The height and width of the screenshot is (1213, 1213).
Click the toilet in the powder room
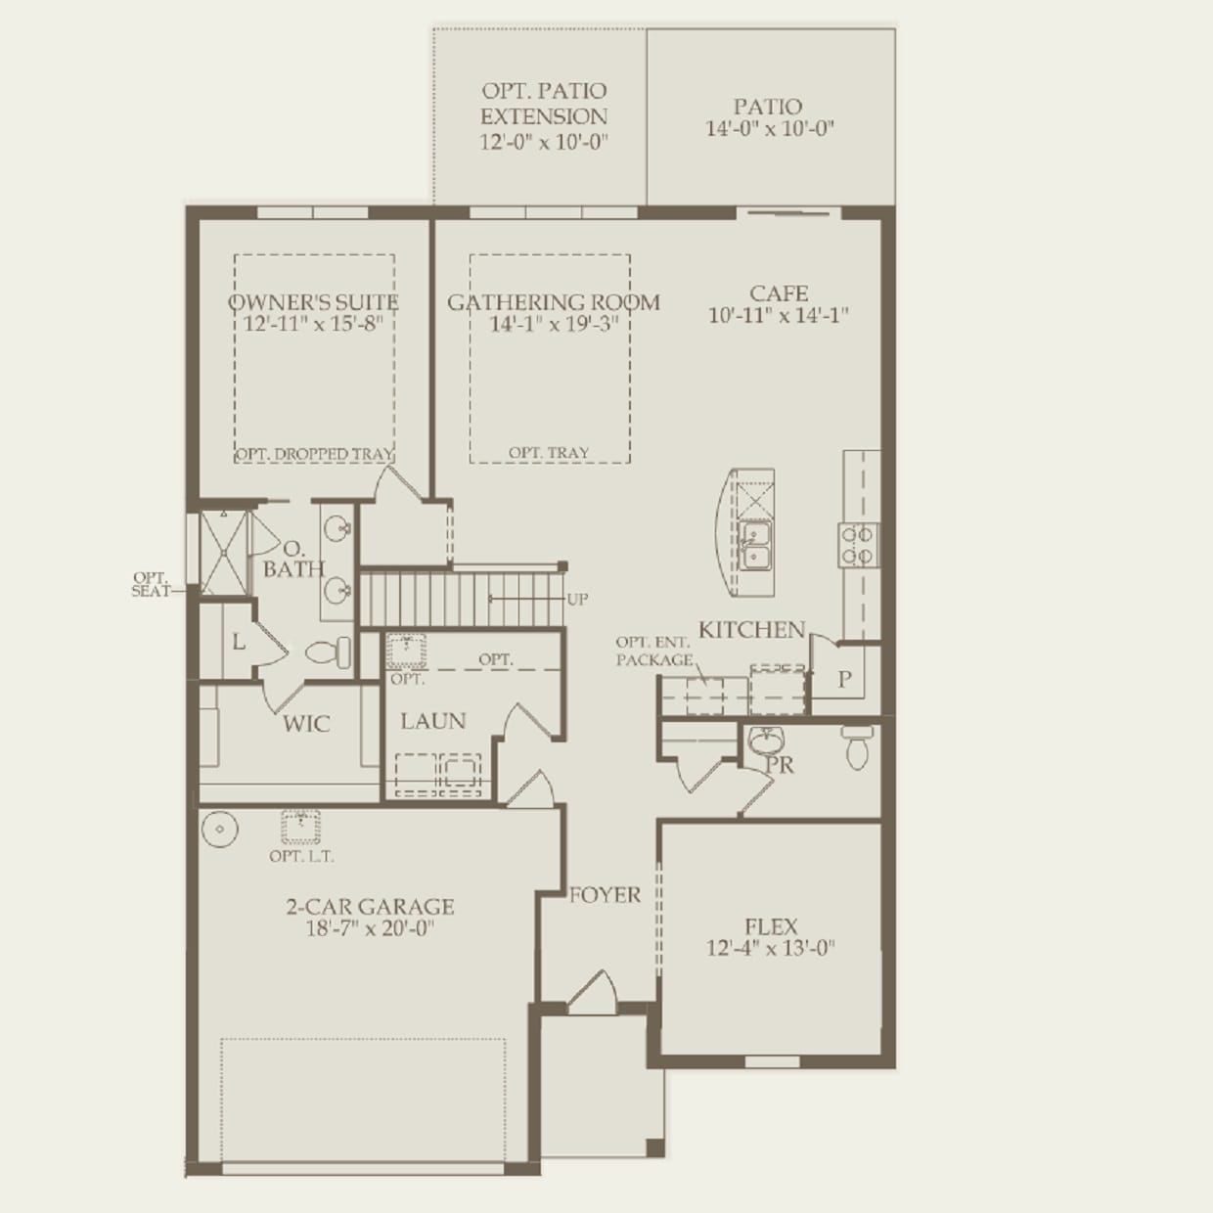click(x=857, y=746)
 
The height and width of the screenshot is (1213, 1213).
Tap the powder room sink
click(x=766, y=741)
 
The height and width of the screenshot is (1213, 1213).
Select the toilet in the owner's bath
click(x=329, y=652)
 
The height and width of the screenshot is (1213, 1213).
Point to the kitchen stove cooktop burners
click(x=858, y=545)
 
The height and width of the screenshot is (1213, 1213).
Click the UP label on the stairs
click(x=577, y=600)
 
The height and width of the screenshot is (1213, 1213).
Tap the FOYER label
click(x=605, y=894)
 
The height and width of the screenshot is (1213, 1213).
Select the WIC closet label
click(x=306, y=724)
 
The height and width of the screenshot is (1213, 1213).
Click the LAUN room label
click(x=433, y=721)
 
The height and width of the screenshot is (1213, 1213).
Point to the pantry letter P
click(x=844, y=679)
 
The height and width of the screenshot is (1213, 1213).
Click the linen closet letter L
click(x=238, y=642)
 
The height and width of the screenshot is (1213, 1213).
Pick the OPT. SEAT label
click(x=151, y=584)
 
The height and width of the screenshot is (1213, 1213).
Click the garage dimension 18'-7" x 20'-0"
click(x=370, y=928)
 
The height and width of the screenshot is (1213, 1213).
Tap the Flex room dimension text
click(x=771, y=947)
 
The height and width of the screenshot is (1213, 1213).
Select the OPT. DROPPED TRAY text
click(x=314, y=454)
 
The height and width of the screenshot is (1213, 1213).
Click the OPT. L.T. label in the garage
click(x=301, y=856)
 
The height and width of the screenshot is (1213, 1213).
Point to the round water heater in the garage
click(x=220, y=829)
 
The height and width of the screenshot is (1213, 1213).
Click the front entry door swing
click(x=593, y=993)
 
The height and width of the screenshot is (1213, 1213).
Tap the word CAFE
click(x=779, y=293)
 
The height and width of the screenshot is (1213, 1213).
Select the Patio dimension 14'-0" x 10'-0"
click(x=769, y=128)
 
